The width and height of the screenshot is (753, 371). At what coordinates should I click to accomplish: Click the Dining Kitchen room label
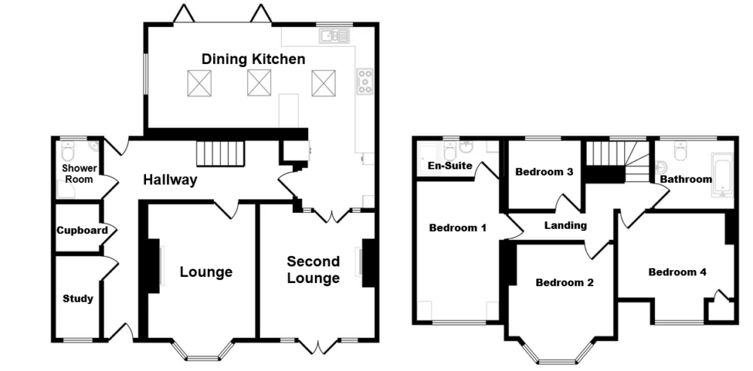[252, 59]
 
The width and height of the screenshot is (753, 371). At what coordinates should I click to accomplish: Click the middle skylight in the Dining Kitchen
[259, 83]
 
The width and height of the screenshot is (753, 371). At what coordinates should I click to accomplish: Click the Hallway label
[171, 180]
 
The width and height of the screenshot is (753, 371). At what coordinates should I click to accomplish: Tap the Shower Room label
[78, 174]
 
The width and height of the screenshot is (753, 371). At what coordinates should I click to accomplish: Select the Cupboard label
[82, 230]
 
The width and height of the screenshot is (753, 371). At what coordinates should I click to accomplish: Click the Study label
[78, 299]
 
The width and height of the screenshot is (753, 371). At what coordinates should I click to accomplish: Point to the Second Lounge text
[313, 270]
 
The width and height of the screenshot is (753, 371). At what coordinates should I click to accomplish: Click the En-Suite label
[449, 166]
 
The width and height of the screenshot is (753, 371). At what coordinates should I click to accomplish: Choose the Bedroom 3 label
[544, 172]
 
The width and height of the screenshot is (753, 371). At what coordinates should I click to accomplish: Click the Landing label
[566, 225]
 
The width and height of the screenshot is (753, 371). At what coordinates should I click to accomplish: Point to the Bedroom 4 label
[677, 272]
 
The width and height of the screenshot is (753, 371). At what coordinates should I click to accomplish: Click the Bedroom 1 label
[457, 227]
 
